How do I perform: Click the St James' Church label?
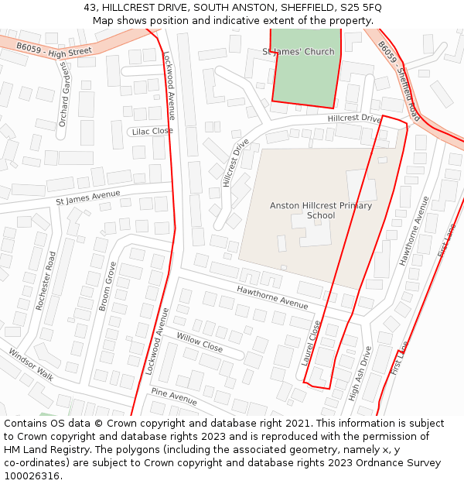[299, 52]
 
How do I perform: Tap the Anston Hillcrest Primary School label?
[320, 211]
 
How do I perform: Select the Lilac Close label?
[152, 132]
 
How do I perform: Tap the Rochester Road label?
[46, 281]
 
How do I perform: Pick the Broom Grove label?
[107, 286]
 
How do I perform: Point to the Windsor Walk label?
[31, 364]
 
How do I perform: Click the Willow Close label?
[200, 342]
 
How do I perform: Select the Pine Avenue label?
[174, 396]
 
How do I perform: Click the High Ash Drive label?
[360, 372]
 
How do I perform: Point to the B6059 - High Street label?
[54, 50]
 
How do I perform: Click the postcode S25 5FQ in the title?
[360, 7]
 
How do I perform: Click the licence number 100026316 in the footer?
[31, 476]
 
